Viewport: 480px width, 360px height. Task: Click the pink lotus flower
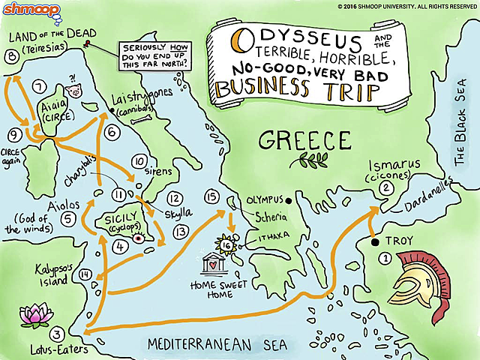click(x=34, y=314)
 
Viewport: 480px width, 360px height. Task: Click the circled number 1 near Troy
click(x=384, y=259)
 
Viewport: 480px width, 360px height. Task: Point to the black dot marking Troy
click(x=373, y=242)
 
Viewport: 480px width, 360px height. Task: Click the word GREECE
click(x=304, y=140)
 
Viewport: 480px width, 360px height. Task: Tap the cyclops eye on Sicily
click(x=137, y=238)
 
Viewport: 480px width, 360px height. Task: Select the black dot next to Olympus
click(x=287, y=200)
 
